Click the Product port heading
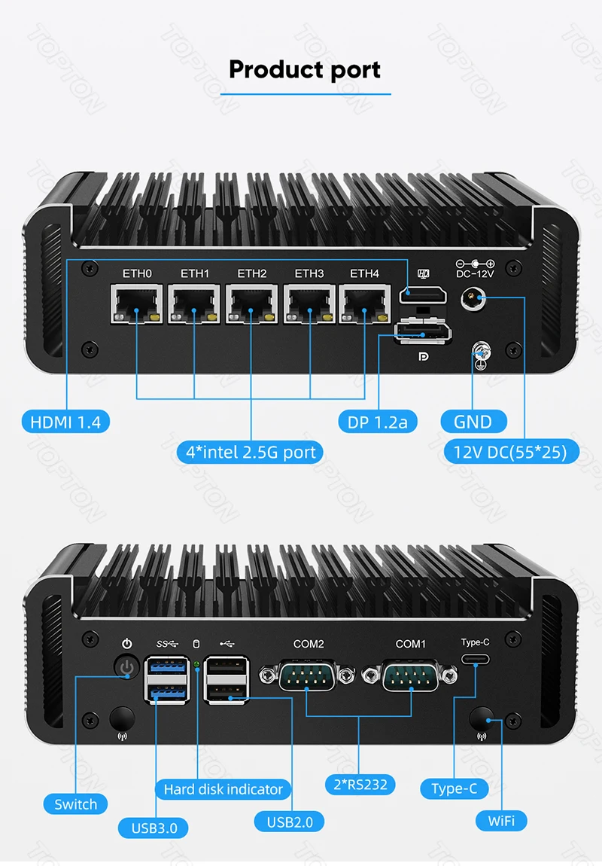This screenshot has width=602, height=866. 305,69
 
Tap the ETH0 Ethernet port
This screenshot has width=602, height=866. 137,305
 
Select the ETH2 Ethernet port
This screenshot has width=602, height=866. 251,305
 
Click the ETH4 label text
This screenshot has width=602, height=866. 364,273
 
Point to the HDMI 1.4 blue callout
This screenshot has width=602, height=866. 65,422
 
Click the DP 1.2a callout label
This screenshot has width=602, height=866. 378,422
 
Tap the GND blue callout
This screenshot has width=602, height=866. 473,422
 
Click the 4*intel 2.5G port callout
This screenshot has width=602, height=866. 251,453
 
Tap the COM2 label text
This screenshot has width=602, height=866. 309,644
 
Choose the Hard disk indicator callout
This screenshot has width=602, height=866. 223,789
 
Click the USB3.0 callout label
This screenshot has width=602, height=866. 154,828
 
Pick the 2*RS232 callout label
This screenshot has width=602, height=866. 359,785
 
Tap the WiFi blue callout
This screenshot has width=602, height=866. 501,820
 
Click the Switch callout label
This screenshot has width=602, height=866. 76,804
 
